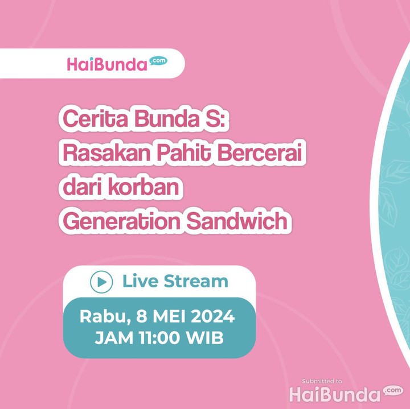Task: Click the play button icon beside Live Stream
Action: coord(101,282)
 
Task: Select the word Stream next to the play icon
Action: coord(196,281)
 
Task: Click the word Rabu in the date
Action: coord(105,317)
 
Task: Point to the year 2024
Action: coord(213,316)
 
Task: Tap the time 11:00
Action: coord(159,338)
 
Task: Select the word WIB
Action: coord(205,338)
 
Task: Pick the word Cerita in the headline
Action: coord(95,118)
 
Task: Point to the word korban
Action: coord(143,187)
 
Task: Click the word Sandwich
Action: coord(237,221)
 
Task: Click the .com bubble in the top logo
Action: coord(158,61)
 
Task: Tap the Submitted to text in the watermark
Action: coord(322,381)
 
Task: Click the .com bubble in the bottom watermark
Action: coord(393,390)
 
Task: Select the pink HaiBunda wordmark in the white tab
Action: coord(107,64)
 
